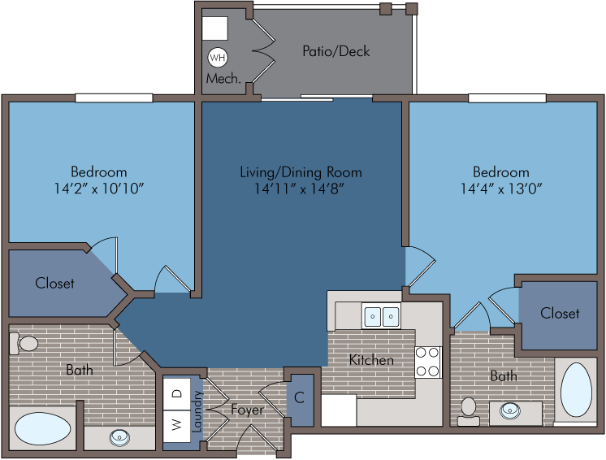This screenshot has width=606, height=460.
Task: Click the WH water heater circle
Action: (218, 58)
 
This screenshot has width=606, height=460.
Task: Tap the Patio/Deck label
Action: (335, 51)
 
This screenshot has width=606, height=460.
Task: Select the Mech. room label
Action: (223, 79)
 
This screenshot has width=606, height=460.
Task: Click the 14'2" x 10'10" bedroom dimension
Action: (99, 189)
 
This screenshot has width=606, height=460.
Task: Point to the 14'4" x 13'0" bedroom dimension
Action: (501, 189)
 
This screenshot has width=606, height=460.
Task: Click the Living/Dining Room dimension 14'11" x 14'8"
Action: (299, 189)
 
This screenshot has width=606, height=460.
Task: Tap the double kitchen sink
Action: (381, 316)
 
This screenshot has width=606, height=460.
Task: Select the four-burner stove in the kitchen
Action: (428, 362)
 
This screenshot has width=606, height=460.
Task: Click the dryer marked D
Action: (176, 394)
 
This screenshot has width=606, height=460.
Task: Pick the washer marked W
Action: (176, 426)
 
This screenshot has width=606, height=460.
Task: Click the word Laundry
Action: (197, 411)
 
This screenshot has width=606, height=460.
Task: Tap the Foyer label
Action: (247, 410)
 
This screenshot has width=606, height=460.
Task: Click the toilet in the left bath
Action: (24, 343)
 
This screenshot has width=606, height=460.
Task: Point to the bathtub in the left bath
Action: (42, 428)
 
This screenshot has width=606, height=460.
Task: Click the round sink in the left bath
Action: (119, 438)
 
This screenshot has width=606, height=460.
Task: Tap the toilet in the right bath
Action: (469, 411)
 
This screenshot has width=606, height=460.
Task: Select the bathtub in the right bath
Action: (576, 389)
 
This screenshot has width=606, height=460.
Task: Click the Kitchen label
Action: (371, 360)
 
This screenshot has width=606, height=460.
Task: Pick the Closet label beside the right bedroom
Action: (560, 313)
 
